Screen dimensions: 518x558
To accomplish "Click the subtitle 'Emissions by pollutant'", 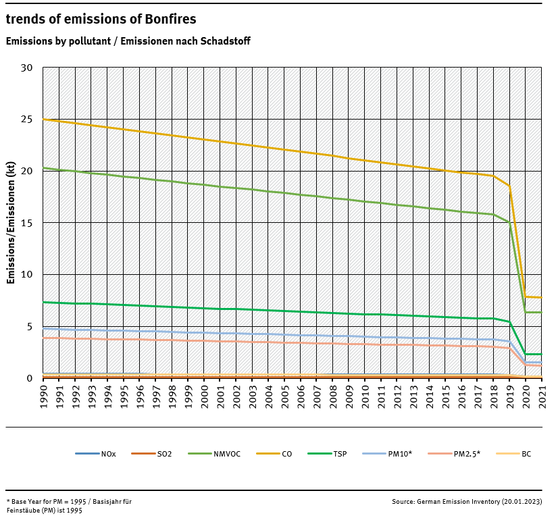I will point(128,41).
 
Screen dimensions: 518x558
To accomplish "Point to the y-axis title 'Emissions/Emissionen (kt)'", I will point(11,222).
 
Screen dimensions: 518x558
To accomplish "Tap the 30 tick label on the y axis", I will point(26,68).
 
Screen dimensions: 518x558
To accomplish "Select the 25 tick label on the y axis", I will point(26,120).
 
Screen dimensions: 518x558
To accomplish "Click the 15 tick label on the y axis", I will point(26,223).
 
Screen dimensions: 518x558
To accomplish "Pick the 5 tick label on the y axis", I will point(30,327).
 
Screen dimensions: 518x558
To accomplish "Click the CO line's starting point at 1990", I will point(43,120).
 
